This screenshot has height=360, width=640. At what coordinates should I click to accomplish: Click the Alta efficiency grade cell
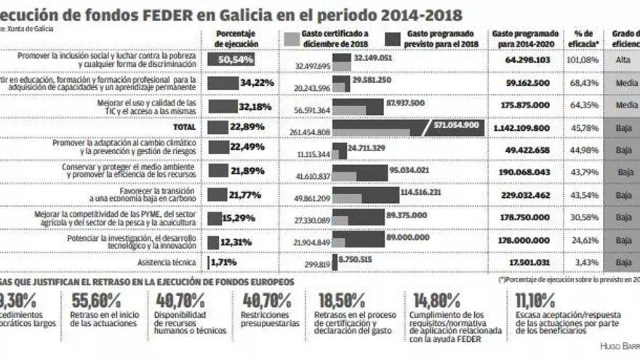point(623,60)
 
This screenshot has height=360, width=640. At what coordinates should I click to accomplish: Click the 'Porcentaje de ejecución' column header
point(236,38)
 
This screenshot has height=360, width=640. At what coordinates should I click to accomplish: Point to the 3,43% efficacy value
point(587,262)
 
